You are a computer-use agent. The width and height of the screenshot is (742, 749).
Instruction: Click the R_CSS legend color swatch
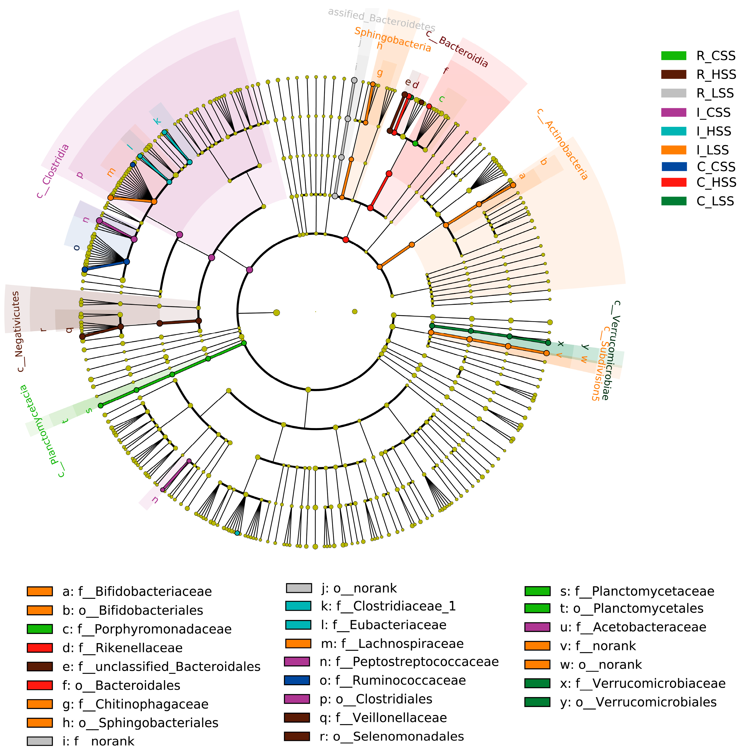point(673,56)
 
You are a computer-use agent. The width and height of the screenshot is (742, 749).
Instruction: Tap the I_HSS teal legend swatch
point(673,132)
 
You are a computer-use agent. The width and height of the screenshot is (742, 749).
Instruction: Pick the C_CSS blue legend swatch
point(673,167)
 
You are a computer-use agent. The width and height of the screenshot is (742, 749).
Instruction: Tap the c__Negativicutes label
point(18,332)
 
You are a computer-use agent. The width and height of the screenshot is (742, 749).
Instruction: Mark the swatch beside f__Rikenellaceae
point(39,648)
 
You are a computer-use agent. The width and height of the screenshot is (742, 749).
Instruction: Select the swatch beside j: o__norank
point(299,588)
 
